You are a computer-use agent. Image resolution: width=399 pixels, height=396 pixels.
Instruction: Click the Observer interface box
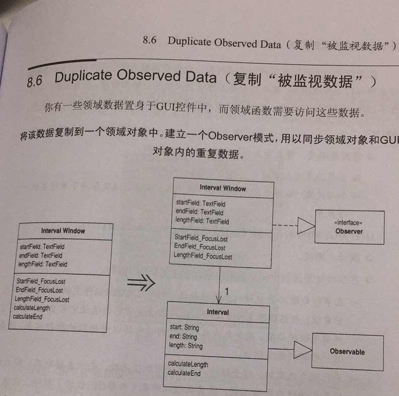click(349, 228)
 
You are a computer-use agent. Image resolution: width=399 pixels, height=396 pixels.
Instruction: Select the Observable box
click(347, 352)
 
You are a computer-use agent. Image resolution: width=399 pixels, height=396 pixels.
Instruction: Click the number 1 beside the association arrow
click(227, 291)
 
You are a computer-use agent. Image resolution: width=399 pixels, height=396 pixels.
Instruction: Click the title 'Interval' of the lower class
click(218, 312)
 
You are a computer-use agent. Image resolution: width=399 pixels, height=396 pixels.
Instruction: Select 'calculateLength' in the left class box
click(32, 308)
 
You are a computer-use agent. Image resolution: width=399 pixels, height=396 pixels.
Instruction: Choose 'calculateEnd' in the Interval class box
click(184, 373)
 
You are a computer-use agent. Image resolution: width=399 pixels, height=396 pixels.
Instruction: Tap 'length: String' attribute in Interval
click(186, 346)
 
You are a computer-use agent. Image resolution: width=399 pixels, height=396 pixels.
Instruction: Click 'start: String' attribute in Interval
click(184, 328)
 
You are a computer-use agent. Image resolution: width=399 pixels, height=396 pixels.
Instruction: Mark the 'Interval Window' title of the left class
click(63, 231)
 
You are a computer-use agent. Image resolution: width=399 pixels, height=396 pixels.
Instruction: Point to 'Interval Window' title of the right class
click(223, 188)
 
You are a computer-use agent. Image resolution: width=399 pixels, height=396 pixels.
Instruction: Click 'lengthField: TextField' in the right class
click(202, 221)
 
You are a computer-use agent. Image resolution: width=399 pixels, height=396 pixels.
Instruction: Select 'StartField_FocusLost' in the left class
click(40, 281)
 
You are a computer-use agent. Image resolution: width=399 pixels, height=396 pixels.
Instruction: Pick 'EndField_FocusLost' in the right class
click(199, 247)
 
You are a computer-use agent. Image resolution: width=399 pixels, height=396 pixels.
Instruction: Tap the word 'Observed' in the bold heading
click(148, 76)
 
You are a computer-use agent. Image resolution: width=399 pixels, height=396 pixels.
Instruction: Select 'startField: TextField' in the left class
click(43, 247)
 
